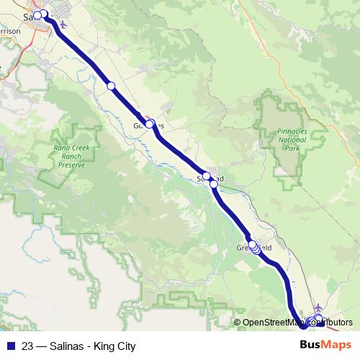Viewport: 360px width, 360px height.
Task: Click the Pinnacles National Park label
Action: [x=292, y=140]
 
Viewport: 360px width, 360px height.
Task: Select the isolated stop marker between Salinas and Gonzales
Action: [x=111, y=86]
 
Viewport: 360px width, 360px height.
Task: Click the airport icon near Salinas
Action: [x=63, y=23]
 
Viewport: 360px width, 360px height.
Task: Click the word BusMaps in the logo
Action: [x=326, y=345]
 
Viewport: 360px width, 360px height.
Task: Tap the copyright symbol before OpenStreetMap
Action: [x=237, y=323]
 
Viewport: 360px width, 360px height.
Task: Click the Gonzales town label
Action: [x=149, y=125]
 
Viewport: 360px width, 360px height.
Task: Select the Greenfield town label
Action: [x=254, y=248]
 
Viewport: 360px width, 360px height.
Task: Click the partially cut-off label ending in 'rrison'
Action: [x=9, y=30]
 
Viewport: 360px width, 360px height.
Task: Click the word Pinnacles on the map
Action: [x=292, y=132]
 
